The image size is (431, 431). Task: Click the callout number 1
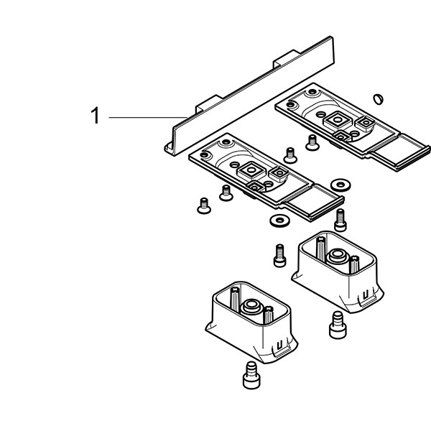click(94, 116)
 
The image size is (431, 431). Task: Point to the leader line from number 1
click(147, 116)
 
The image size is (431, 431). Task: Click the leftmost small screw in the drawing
click(203, 205)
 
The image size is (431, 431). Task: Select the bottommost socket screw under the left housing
click(250, 374)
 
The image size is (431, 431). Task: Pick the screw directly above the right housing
click(340, 215)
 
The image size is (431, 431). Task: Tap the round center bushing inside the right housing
click(335, 256)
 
